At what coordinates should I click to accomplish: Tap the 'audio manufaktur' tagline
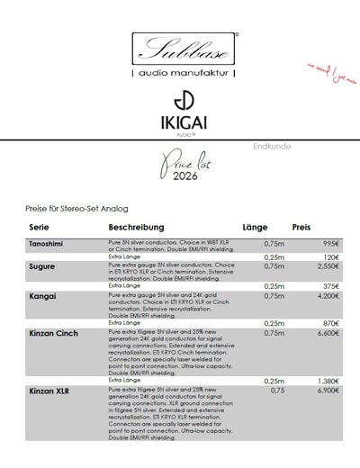[184, 71]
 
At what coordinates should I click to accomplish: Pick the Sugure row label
[42, 267]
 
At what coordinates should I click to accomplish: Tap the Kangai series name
[43, 296]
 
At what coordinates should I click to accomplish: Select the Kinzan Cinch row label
[53, 332]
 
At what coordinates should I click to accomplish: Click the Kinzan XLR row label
[50, 391]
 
